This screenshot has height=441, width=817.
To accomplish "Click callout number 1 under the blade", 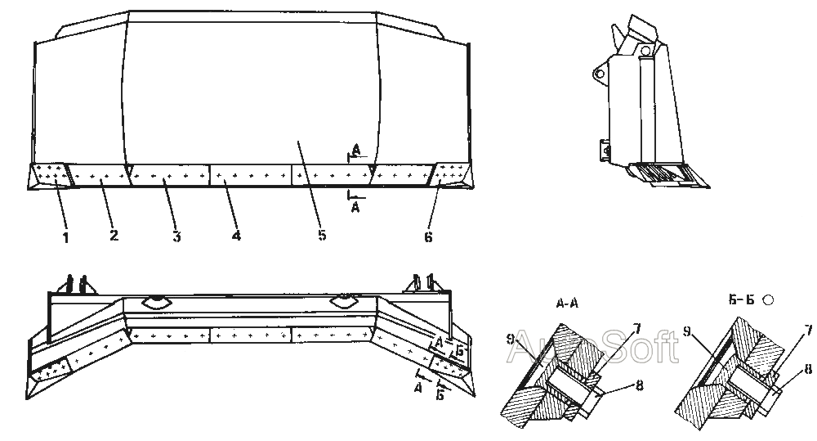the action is click(x=65, y=238).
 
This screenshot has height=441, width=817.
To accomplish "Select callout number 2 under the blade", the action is click(x=114, y=235).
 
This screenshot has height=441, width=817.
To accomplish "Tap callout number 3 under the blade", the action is click(x=176, y=236).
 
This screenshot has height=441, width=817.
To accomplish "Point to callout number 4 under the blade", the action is click(x=236, y=236).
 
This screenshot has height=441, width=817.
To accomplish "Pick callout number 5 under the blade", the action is click(x=322, y=235).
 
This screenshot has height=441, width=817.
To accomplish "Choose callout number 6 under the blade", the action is click(x=428, y=237).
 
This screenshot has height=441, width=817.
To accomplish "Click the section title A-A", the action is click(x=567, y=304).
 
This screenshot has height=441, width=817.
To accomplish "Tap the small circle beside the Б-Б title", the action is click(x=767, y=300).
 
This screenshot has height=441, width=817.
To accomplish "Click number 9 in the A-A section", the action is click(x=511, y=338).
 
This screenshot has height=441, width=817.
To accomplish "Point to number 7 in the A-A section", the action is click(x=636, y=328).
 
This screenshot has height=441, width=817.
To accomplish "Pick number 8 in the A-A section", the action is click(x=640, y=385).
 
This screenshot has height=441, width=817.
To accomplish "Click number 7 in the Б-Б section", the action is click(x=808, y=329).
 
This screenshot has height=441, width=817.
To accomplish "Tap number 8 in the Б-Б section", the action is click(x=808, y=370).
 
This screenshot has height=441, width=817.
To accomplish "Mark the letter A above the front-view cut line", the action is click(x=356, y=151).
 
